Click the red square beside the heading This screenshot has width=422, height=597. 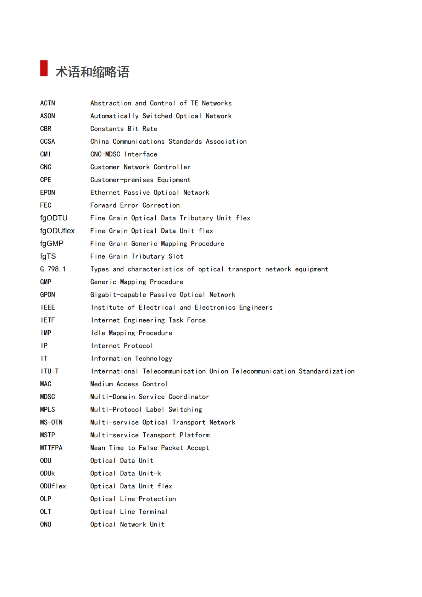pos(44,68)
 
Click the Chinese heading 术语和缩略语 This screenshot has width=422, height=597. pos(92,72)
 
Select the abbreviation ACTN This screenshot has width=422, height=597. pos(48,103)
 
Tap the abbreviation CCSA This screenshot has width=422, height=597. pos(48,142)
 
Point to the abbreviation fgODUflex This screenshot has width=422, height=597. pos(57,231)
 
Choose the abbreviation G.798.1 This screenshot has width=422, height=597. pos(53,269)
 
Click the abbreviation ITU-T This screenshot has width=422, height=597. pos(50,371)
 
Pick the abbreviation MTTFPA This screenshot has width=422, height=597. pos(51,448)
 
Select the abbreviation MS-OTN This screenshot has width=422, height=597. pos(51,422)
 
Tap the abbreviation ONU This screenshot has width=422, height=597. pos(46,525)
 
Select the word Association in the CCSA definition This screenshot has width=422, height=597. pos(226,142)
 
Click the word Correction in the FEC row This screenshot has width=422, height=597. pos(161,205)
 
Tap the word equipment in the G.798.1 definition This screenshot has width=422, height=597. pos(311,269)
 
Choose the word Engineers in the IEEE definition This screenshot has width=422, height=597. pos(256,308)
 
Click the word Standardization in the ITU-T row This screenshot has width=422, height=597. pos(326,371)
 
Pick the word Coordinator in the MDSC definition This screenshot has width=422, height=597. pos(189,397)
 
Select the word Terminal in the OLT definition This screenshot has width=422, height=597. pos(153,512)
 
